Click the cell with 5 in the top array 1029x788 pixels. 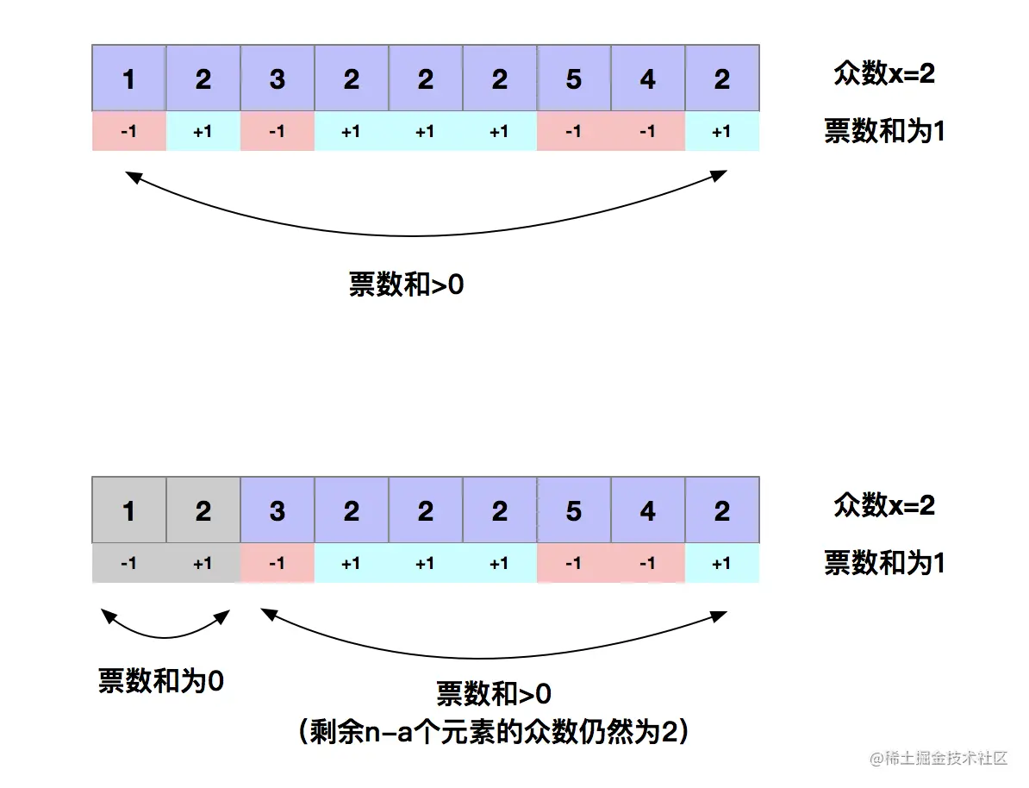click(x=573, y=79)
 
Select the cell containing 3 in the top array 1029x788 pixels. click(x=278, y=79)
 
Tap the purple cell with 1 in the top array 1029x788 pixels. click(x=129, y=79)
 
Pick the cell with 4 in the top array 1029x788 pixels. click(x=647, y=79)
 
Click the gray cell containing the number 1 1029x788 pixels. click(x=129, y=511)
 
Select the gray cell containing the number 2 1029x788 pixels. click(x=203, y=511)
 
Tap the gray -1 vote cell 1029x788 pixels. click(x=129, y=564)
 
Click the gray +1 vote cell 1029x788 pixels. click(x=203, y=564)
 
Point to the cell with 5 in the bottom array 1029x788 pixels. click(x=573, y=511)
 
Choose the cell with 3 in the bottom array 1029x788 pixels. click(x=278, y=511)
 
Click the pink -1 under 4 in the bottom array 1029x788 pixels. click(x=647, y=564)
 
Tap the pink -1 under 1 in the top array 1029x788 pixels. click(x=129, y=132)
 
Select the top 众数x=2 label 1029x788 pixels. click(x=884, y=74)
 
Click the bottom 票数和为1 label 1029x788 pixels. click(x=884, y=564)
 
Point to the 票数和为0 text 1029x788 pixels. click(x=161, y=681)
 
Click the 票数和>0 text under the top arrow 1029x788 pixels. click(x=406, y=285)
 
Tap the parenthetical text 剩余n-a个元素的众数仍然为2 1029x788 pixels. click(x=493, y=733)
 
